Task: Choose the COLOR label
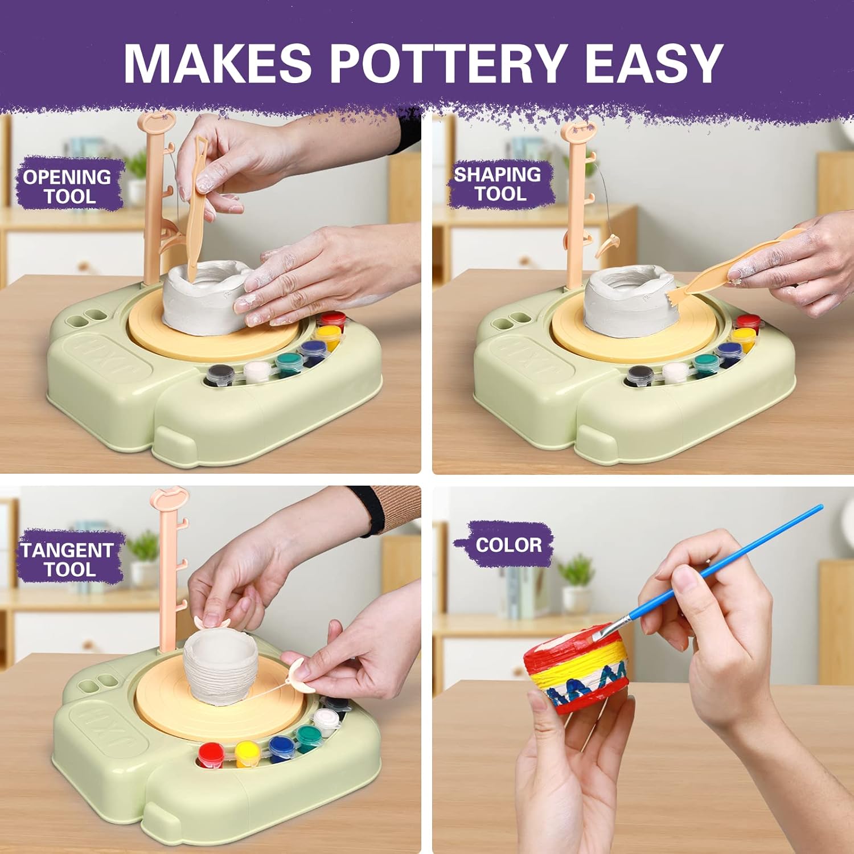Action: point(508,545)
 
